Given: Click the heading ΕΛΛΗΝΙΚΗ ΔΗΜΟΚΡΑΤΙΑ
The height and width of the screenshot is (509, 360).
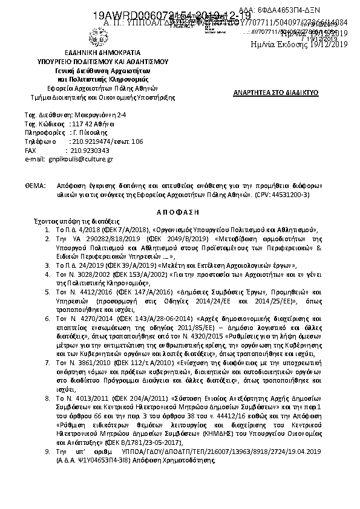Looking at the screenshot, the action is (102, 53).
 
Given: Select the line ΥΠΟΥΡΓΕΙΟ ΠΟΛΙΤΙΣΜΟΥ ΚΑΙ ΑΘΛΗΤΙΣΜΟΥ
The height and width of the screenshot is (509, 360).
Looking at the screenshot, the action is (102, 61).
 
